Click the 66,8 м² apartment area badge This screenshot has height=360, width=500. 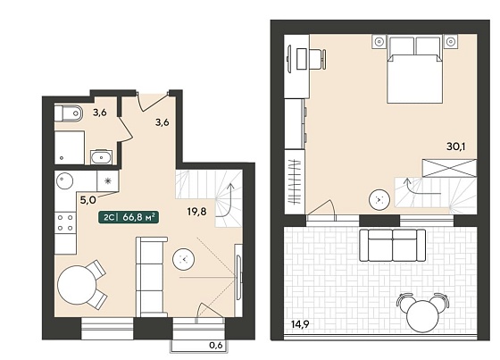(129, 217)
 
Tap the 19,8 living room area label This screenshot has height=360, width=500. (196, 212)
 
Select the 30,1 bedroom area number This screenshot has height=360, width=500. (455, 147)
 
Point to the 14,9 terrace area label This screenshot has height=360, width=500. (300, 324)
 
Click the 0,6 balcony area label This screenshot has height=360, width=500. (215, 345)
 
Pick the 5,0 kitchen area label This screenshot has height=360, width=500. (87, 200)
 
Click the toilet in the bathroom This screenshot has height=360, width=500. (68, 113)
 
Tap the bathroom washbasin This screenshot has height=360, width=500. (102, 157)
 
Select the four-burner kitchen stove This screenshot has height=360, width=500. (65, 222)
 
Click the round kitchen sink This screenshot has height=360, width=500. (64, 181)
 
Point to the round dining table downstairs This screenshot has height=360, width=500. (77, 285)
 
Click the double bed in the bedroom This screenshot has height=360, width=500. (414, 70)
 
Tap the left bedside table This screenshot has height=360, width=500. (379, 42)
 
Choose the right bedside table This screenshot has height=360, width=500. (451, 42)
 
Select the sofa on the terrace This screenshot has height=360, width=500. (393, 245)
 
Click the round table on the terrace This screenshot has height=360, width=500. (423, 316)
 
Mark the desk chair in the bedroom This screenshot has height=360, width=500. (317, 59)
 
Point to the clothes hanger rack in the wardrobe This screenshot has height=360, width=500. (295, 181)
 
